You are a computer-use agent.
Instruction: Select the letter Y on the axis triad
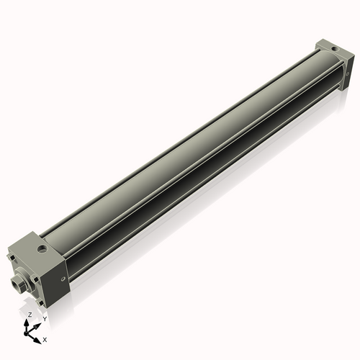pyautogui.click(x=45, y=318)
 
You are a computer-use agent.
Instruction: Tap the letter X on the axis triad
pyautogui.click(x=45, y=338)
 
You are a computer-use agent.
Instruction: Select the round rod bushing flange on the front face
pyautogui.click(x=23, y=275)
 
